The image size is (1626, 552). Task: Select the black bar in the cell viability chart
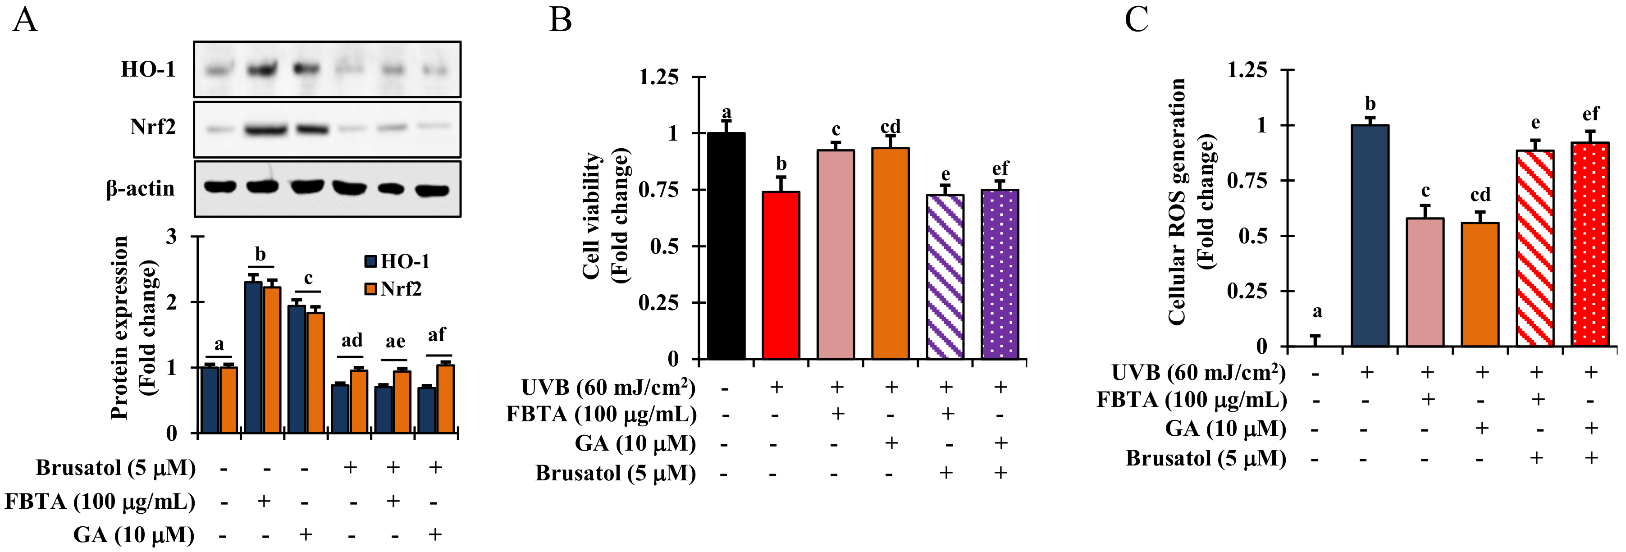[x=726, y=246]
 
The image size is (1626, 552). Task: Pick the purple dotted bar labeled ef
[x=1000, y=274]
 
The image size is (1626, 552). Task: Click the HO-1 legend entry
[x=397, y=261]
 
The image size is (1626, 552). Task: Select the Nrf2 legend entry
[x=393, y=289]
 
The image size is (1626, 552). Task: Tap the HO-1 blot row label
[x=148, y=69]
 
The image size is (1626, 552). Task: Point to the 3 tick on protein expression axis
[x=172, y=237]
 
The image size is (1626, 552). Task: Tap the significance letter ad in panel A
[x=352, y=341]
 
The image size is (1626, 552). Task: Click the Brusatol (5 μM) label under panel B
[x=616, y=473]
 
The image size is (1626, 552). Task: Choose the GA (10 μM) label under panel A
[x=134, y=535]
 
